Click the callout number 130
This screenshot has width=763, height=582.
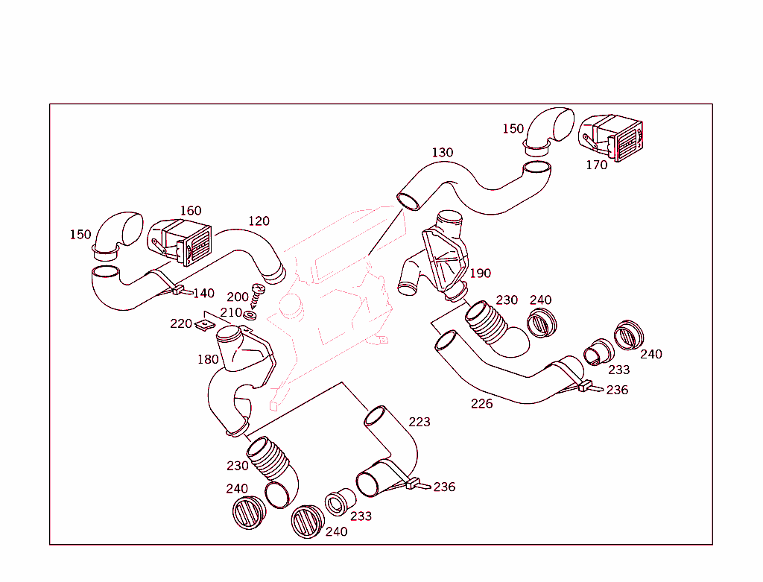pyautogui.click(x=442, y=153)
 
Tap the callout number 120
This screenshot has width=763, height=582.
pyautogui.click(x=259, y=221)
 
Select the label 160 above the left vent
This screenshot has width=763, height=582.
pyautogui.click(x=191, y=211)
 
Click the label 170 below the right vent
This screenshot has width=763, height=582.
pyautogui.click(x=596, y=165)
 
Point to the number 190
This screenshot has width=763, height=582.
pyautogui.click(x=480, y=273)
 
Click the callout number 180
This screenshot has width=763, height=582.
pyautogui.click(x=208, y=360)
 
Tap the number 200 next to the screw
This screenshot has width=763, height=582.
pyautogui.click(x=238, y=297)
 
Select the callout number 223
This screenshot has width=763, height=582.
pyautogui.click(x=420, y=422)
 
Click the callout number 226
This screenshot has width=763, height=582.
pyautogui.click(x=481, y=404)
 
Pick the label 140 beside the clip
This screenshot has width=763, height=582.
pyautogui.click(x=203, y=294)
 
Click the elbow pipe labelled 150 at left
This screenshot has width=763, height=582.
pyautogui.click(x=117, y=231)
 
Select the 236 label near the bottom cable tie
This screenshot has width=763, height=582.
pyautogui.click(x=444, y=487)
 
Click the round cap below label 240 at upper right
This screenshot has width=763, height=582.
pyautogui.click(x=542, y=323)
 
